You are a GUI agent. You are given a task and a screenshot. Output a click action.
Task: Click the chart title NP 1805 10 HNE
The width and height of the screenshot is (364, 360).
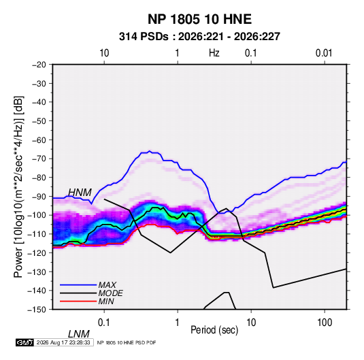(199, 19)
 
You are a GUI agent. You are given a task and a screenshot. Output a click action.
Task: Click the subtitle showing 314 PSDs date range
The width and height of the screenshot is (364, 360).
(199, 37)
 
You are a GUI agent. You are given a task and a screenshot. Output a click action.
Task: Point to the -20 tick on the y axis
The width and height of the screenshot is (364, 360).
(39, 65)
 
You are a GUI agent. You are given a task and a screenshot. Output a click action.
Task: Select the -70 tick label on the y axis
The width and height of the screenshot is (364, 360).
(39, 159)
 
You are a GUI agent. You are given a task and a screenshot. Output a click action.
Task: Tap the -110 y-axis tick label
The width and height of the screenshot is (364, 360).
(37, 234)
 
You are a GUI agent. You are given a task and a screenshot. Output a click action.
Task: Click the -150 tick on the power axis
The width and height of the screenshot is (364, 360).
(37, 310)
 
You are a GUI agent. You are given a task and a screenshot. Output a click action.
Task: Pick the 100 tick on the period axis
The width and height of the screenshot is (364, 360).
(325, 323)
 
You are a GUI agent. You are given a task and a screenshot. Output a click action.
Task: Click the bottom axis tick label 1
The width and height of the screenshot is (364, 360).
(178, 323)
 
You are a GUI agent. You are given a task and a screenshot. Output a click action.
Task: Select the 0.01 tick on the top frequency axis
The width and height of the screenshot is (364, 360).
(324, 53)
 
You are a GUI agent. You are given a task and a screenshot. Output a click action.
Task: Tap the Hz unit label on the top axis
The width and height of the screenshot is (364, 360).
(214, 53)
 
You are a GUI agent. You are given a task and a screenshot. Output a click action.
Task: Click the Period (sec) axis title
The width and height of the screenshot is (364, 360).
(214, 330)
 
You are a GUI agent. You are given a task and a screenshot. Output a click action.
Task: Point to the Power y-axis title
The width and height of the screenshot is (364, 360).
(18, 187)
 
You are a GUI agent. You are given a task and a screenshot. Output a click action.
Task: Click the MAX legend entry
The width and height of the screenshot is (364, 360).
(107, 285)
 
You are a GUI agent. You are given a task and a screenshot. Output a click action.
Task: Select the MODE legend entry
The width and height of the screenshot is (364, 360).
(110, 293)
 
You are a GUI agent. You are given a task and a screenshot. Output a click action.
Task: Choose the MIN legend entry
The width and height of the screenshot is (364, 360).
(106, 301)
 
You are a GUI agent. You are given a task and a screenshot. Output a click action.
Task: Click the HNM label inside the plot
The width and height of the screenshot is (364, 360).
(80, 193)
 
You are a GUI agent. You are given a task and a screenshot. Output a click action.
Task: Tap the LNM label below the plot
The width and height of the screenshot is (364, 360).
(78, 334)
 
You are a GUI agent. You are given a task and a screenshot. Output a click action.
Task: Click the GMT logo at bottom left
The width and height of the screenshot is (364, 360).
(25, 342)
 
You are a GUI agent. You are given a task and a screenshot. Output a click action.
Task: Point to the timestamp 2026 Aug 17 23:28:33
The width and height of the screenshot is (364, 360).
(63, 342)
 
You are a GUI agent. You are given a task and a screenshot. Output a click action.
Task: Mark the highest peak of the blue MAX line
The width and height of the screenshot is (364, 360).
(150, 150)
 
